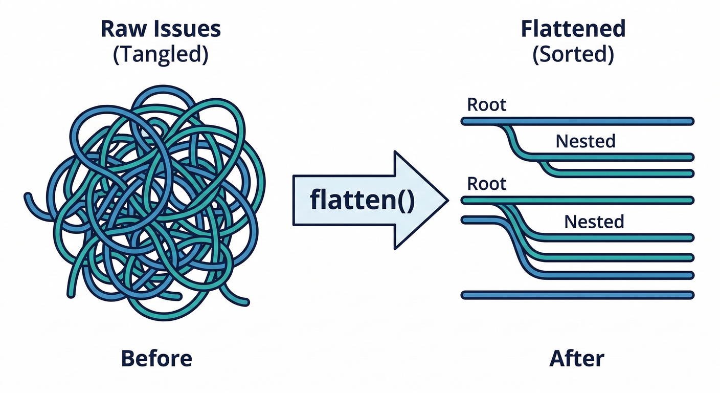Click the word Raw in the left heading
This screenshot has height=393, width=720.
pos(121,29)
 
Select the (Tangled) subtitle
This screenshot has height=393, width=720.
pos(160,54)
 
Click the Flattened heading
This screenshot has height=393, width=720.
pos(573,29)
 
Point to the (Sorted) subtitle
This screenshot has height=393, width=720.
pos(573,54)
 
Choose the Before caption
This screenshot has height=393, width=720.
pos(156,359)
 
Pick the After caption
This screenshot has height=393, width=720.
pos(577,359)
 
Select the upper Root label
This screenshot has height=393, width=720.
pos(486,105)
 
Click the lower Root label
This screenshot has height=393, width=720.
pos(486,184)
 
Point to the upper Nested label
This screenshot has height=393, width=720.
pos(586,141)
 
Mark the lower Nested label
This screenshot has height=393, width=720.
pos(594,222)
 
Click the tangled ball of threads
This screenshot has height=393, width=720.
pos(153,200)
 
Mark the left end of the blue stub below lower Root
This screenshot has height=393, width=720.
pos(464,220)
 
